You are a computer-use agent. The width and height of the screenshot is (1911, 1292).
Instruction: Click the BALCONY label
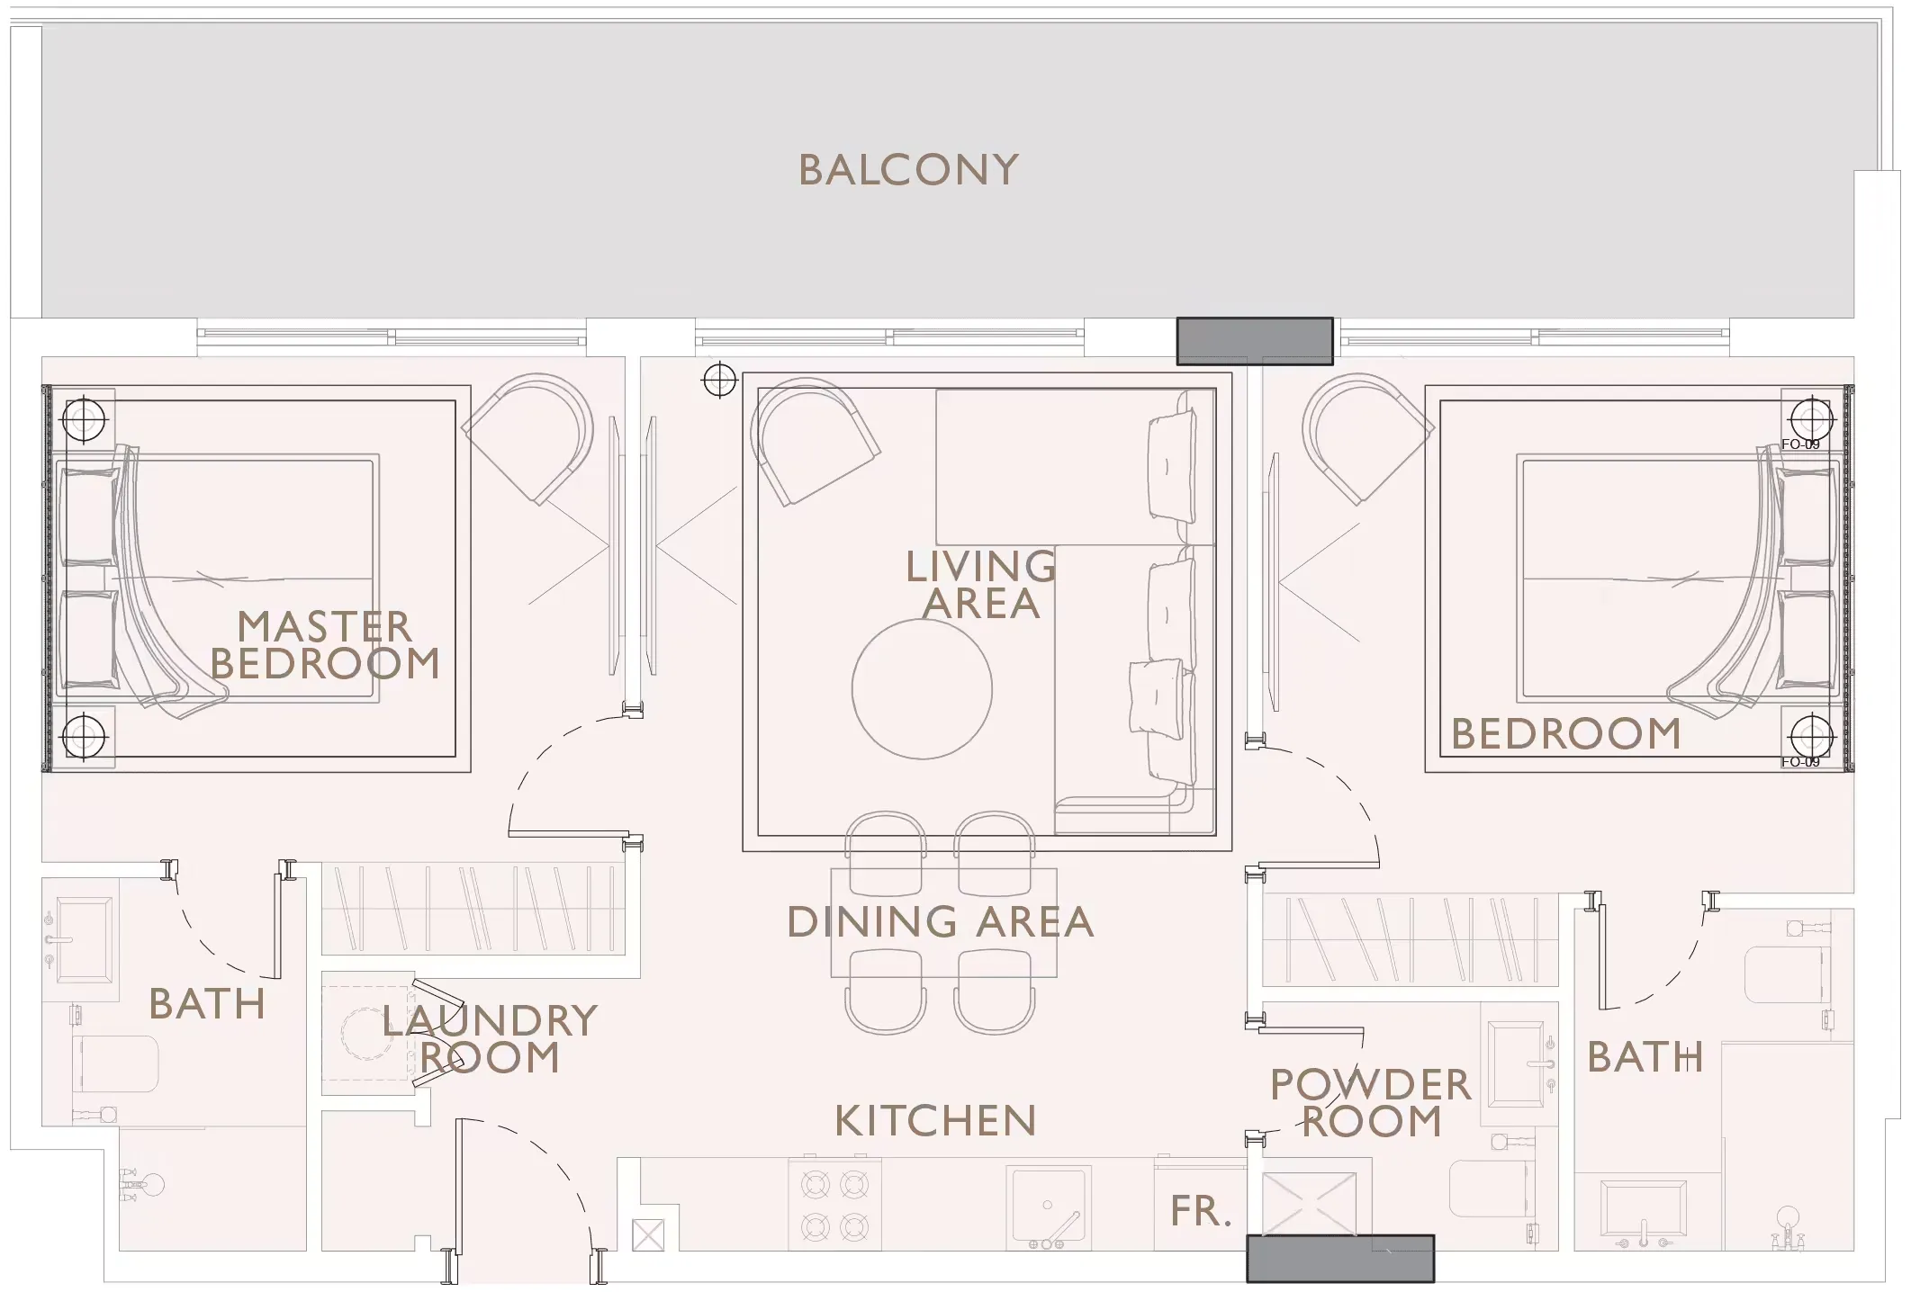tap(908, 170)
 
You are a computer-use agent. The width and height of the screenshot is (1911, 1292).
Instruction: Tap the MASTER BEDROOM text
tap(324, 645)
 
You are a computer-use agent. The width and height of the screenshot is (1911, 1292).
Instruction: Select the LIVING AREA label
tap(980, 585)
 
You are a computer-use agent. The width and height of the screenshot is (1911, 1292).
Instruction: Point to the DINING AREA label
tap(940, 922)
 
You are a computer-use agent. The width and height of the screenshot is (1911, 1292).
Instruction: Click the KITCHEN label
tap(935, 1121)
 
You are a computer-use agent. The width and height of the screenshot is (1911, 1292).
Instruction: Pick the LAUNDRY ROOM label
tap(489, 1039)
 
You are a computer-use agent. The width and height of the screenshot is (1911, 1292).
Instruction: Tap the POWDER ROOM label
tap(1370, 1103)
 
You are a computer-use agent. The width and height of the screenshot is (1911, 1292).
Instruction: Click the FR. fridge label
tap(1200, 1212)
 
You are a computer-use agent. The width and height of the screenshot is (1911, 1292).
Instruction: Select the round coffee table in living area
tap(922, 688)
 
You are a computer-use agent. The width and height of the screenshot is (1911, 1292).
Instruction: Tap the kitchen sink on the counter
tap(1048, 1206)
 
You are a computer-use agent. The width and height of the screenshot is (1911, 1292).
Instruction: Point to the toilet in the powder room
tap(1490, 1188)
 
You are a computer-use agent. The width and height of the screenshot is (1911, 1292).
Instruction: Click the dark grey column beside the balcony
tap(1254, 341)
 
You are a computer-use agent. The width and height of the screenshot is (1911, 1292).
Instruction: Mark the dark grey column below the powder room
tap(1339, 1258)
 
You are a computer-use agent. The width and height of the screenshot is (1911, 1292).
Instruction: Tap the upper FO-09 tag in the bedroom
tap(1800, 444)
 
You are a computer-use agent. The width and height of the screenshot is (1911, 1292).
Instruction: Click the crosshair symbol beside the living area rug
tap(719, 380)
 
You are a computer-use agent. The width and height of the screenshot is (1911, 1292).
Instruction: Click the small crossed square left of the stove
tap(647, 1235)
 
